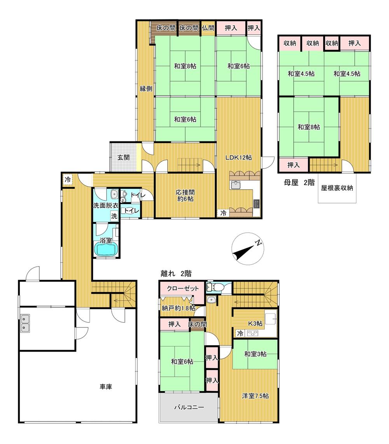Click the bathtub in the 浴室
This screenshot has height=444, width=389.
[x=106, y=250]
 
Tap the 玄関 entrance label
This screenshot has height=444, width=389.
[x=124, y=157]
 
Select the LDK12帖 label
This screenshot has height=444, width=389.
[x=238, y=157]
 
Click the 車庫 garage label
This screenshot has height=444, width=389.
[x=106, y=387]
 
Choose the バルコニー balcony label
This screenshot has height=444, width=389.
[x=189, y=407]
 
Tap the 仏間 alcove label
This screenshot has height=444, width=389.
[x=208, y=28]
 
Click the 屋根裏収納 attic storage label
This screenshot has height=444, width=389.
[x=337, y=188]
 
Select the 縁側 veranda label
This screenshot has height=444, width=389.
[x=146, y=89]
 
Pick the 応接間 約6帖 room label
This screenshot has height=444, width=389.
[x=186, y=196]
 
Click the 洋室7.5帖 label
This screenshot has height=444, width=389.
[x=256, y=396]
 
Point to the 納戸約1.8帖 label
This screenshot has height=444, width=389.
[x=179, y=308]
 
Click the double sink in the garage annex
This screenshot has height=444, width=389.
[x=25, y=323]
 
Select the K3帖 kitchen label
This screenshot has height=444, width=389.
[x=255, y=323]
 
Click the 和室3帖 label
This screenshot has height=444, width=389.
[x=255, y=353]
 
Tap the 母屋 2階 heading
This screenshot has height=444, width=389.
[x=299, y=182]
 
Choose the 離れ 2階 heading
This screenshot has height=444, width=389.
[x=176, y=273]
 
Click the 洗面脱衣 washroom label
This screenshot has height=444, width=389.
[x=106, y=205]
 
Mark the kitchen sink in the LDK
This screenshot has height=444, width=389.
[x=236, y=185]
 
